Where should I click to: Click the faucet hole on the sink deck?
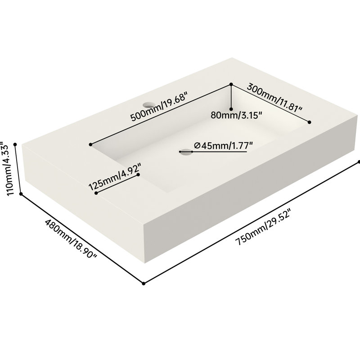tap(148, 105)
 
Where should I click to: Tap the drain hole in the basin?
tap(186, 152)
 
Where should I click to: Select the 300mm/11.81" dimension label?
tap(275, 98)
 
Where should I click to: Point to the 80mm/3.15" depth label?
tap(236, 115)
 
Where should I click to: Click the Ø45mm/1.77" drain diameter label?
tap(223, 145)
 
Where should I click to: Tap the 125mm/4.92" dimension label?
tap(114, 176)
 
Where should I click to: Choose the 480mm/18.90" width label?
tap(71, 238)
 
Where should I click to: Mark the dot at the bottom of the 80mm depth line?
tap(231, 109)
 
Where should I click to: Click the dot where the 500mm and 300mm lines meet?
tap(231, 85)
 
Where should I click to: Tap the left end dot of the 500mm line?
tap(91, 144)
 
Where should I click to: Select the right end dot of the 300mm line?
tap(310, 122)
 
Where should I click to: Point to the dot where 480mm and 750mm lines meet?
tap(144, 283)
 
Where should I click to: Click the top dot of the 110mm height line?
tap(15, 144)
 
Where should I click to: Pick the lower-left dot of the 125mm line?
tap(96, 193)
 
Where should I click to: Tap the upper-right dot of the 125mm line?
tap(138, 175)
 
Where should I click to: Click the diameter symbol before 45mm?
tap(197, 145)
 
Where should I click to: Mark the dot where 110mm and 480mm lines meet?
tap(21, 194)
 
